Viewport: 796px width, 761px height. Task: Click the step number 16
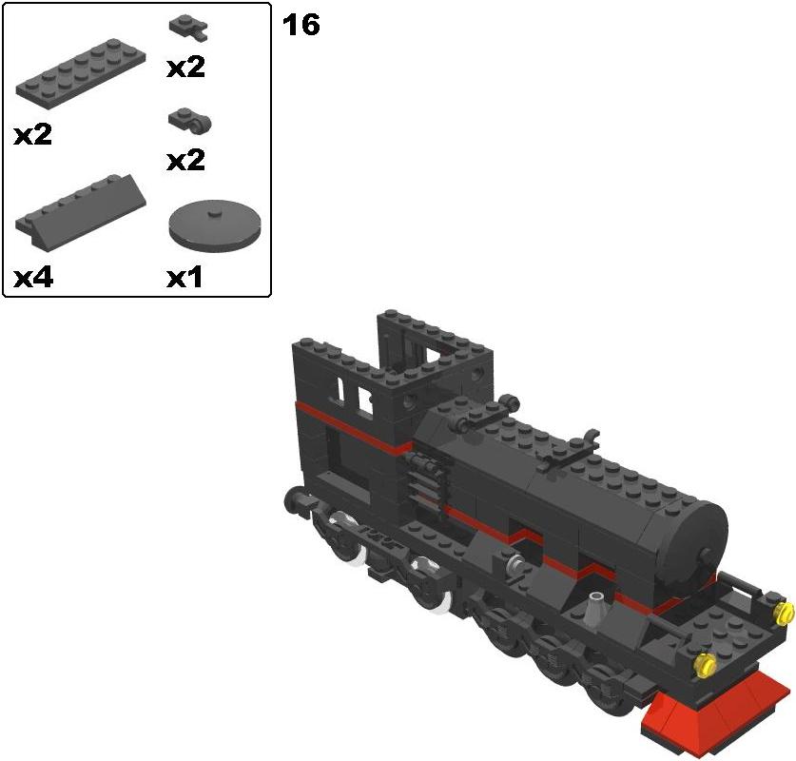pos(301,25)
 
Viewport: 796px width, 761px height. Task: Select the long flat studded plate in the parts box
pos(81,69)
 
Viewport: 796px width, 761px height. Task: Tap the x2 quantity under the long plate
pos(33,135)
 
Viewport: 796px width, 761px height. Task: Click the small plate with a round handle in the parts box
pos(190,120)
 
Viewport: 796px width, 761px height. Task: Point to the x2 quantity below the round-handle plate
pos(185,160)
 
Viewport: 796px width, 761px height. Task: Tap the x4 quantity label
pos(33,277)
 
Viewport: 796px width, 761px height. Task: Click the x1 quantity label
pos(184,277)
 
